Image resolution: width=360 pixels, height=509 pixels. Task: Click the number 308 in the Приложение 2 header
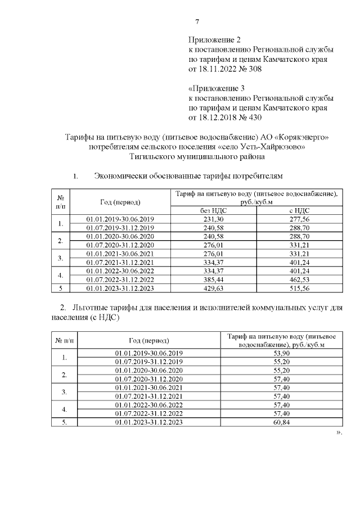pos(253,69)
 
